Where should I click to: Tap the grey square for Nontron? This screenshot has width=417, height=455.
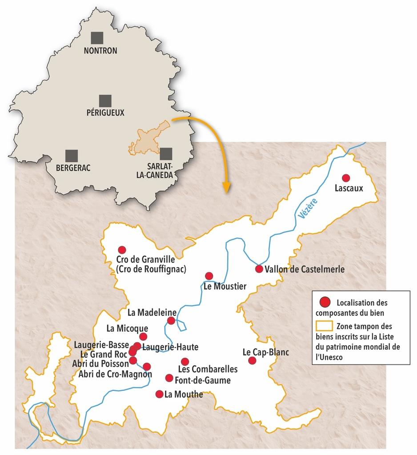[x=96, y=37]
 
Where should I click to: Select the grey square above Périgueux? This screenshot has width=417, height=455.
[x=105, y=100]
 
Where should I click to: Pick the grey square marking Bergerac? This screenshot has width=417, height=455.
[x=71, y=156]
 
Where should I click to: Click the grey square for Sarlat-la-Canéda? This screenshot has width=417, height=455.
[x=166, y=154]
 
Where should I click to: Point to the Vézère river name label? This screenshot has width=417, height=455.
[x=307, y=209]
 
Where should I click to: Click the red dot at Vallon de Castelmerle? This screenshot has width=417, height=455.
[x=259, y=269]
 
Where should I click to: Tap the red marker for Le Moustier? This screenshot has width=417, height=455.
[x=209, y=276]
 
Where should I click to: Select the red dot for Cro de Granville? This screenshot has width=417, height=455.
[x=122, y=250]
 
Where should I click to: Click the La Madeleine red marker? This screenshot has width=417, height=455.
[x=171, y=320]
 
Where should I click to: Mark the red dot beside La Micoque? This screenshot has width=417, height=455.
[x=143, y=336]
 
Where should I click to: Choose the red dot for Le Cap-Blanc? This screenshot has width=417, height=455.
[x=252, y=360]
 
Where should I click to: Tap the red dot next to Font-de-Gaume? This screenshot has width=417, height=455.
[x=169, y=378]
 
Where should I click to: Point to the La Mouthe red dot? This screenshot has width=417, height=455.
[x=159, y=394]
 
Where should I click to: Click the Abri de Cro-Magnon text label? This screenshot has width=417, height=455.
[x=115, y=374]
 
